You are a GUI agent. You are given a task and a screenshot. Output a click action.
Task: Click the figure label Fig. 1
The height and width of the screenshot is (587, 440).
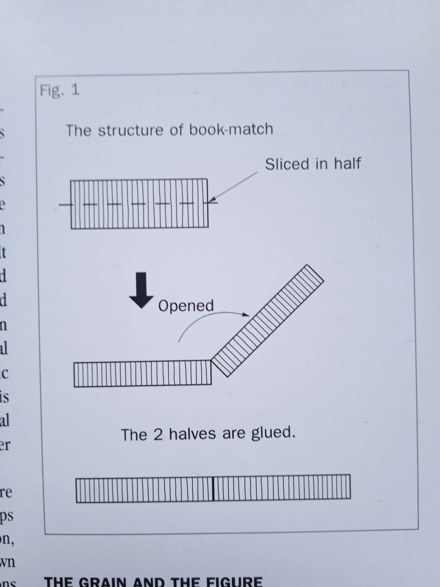click(60, 91)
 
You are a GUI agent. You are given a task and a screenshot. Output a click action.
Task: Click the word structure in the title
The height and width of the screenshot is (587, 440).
click(131, 130)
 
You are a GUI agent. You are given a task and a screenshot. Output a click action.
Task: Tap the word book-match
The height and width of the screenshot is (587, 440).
click(231, 129)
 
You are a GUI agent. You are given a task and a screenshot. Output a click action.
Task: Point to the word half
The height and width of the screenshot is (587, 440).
click(347, 164)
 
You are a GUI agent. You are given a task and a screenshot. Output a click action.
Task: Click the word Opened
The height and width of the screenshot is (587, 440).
click(186, 306)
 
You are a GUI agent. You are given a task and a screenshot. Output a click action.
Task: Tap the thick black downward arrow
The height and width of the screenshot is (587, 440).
click(141, 290)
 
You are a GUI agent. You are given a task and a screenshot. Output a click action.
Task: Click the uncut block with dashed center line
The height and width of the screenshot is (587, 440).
click(139, 204)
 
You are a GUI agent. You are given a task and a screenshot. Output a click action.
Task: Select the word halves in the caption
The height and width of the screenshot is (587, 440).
click(192, 434)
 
